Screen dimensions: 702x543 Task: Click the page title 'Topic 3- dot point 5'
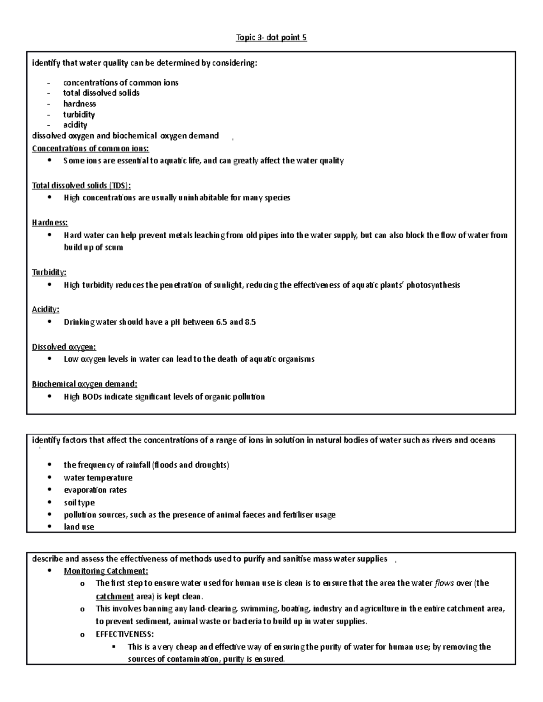pos(271,38)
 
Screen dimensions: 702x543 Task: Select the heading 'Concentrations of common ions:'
pos(90,149)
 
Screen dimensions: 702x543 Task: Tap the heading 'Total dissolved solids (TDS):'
pos(81,185)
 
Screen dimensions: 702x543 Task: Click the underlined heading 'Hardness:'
pos(50,222)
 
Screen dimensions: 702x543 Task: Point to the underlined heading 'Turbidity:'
pos(49,272)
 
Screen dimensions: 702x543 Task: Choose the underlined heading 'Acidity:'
pos(45,310)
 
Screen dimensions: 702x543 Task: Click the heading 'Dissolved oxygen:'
pos(64,347)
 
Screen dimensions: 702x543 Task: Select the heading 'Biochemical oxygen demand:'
pos(84,384)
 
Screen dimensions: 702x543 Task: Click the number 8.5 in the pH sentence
pos(250,322)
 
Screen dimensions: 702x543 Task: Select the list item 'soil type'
pos(79,503)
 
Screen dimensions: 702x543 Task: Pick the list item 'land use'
pos(79,527)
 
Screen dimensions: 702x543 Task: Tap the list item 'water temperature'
pos(98,478)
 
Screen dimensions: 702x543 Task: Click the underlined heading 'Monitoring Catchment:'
pos(106,571)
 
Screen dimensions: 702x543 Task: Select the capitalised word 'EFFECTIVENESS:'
pos(125,634)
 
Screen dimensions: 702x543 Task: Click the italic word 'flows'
pos(444,583)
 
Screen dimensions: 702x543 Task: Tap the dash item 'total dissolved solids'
pos(101,93)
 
